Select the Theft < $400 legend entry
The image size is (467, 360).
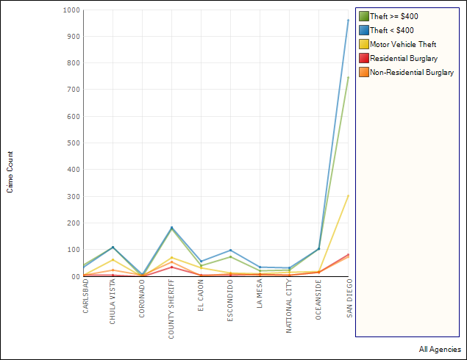point(392,30)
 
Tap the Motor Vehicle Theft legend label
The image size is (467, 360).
point(403,44)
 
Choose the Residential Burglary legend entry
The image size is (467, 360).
point(404,58)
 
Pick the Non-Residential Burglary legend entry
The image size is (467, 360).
point(412,72)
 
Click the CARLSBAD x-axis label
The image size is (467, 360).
point(86,297)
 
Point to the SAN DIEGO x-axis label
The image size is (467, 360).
point(349,298)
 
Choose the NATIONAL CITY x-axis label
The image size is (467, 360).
point(289,306)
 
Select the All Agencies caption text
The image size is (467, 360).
point(440,350)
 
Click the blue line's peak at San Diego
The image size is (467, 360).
point(348,20)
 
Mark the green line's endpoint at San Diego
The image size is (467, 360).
point(348,76)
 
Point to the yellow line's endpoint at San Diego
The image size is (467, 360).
point(348,195)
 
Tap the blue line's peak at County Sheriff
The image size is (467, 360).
point(171,227)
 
